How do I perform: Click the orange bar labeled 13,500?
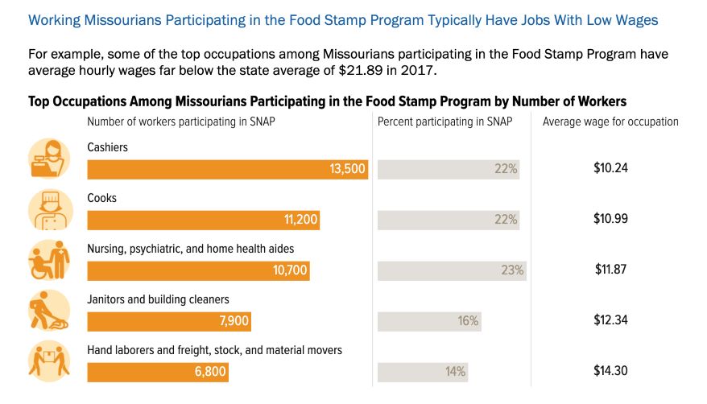(227, 169)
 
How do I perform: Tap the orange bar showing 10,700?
(198, 270)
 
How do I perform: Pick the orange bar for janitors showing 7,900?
(169, 321)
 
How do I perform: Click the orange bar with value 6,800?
(158, 372)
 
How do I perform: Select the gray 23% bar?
(451, 270)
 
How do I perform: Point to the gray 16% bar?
(429, 321)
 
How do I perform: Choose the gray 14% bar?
(422, 372)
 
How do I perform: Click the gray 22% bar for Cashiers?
(449, 169)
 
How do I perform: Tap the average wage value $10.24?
(610, 169)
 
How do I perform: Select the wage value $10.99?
(610, 219)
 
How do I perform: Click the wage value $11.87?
(610, 270)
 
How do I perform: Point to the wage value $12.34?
(610, 320)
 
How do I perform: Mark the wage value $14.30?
(610, 371)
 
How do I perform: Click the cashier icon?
(49, 158)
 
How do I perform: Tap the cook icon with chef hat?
(49, 208)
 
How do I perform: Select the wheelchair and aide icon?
(49, 259)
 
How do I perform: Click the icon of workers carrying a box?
(49, 360)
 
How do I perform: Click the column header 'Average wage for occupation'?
(610, 122)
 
